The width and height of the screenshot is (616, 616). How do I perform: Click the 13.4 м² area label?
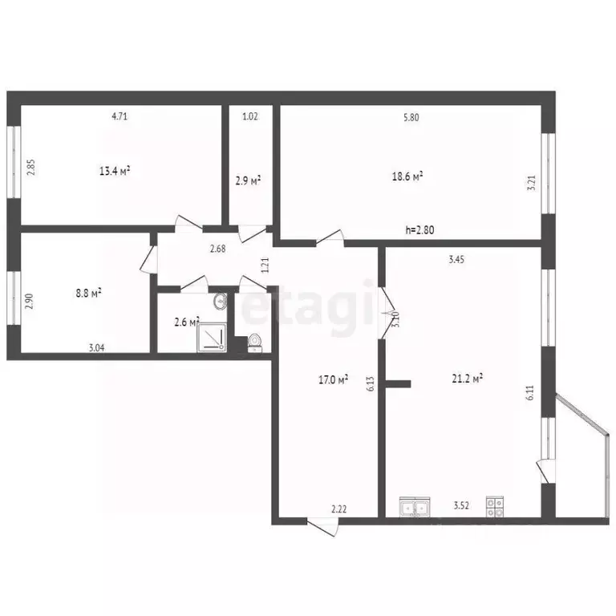[115, 170]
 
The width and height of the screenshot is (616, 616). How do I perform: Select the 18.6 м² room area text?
[407, 177]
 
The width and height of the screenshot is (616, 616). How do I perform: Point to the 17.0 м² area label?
[333, 379]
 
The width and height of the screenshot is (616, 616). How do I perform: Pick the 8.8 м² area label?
[87, 294]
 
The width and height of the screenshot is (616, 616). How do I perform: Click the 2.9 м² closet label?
[248, 181]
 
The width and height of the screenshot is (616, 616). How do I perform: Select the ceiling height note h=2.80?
[421, 231]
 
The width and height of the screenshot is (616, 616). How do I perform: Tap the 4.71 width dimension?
[120, 116]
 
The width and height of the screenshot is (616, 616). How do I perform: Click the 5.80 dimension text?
[411, 117]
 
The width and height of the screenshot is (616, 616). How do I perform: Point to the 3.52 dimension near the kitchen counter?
[460, 506]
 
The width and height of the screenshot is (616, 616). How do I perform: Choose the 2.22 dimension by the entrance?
[339, 509]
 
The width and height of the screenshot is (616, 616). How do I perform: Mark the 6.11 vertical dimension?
[529, 392]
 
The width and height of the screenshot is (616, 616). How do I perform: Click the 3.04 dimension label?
[96, 348]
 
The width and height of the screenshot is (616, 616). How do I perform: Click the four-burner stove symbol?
[495, 507]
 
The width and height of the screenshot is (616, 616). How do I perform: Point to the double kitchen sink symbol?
[415, 507]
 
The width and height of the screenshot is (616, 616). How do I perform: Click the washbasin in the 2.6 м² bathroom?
[221, 302]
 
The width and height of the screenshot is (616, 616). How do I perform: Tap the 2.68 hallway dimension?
[217, 249]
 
